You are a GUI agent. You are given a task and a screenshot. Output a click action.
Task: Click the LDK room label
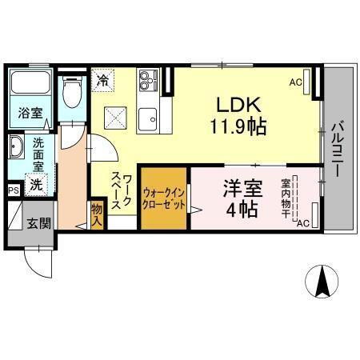click(x=238, y=106)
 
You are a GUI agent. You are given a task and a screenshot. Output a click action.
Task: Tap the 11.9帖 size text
click(x=238, y=126)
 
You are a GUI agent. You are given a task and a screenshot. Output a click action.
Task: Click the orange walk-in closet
click(x=165, y=198)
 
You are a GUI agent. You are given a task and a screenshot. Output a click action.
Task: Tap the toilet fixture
click(x=72, y=92)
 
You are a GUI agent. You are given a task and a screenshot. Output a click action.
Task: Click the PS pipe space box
click(x=14, y=190)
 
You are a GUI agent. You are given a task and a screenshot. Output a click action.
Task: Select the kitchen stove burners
click(x=149, y=81)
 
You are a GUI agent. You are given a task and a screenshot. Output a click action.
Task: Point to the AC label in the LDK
click(x=295, y=82)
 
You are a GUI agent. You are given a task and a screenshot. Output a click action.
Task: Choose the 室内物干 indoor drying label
click(x=286, y=195)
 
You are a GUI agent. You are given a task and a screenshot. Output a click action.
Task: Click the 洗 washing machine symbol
click(x=37, y=184)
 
